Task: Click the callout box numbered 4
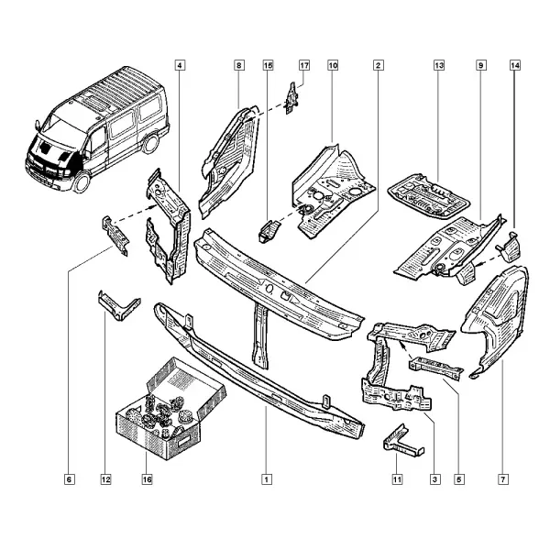(x=180, y=65)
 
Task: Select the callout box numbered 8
(x=239, y=65)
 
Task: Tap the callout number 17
(x=304, y=65)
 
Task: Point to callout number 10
(x=333, y=65)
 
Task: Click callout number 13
(x=439, y=65)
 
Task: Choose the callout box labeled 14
(x=515, y=65)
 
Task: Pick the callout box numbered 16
(x=147, y=479)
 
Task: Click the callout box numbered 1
(x=267, y=479)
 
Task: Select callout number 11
(x=397, y=479)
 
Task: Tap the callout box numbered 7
(x=503, y=479)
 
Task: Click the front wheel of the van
(x=82, y=182)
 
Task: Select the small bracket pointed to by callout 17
(x=291, y=99)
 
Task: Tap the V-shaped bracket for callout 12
(x=118, y=306)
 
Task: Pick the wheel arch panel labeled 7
(x=496, y=321)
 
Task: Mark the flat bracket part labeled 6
(x=115, y=236)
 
